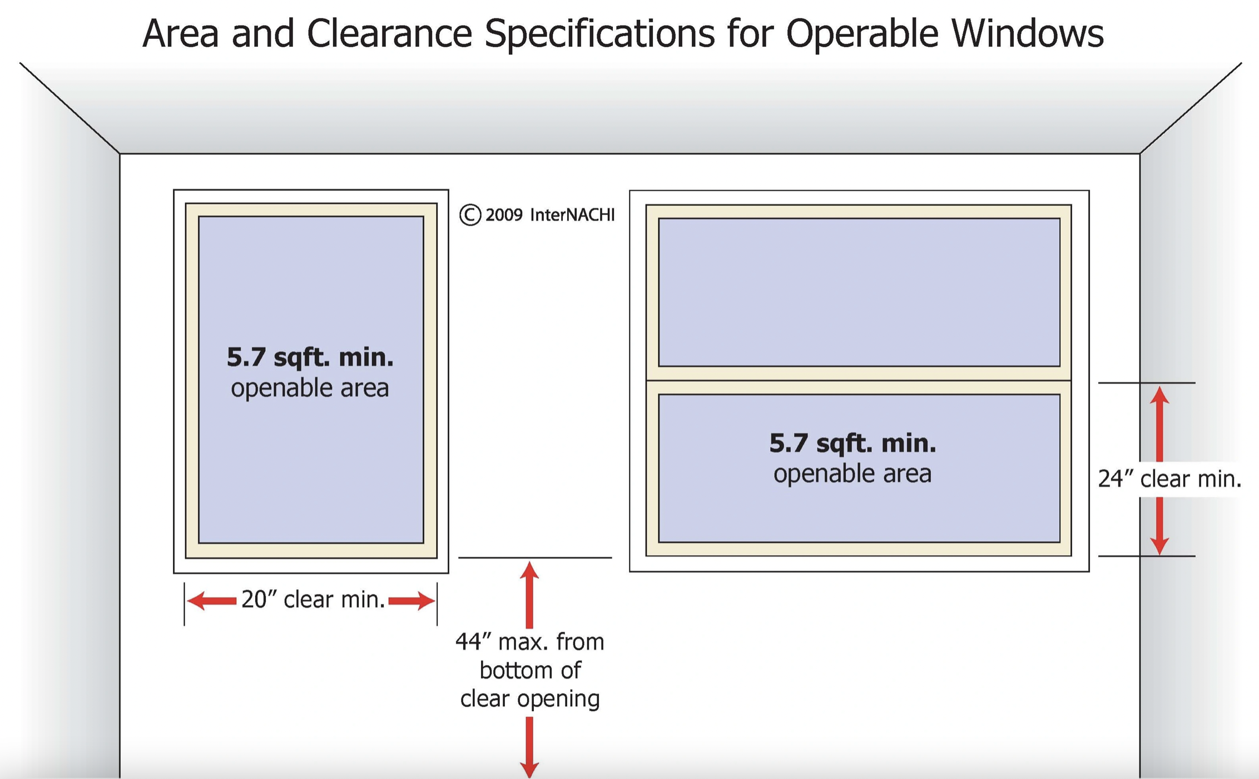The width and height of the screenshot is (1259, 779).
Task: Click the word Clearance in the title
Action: pos(389,33)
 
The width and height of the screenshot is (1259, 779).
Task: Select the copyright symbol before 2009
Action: pos(470,215)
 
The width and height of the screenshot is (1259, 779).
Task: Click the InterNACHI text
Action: pos(572,215)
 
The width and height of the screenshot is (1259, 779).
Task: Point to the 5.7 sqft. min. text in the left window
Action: pos(310,357)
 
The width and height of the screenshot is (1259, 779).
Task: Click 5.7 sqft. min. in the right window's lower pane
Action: pos(852,443)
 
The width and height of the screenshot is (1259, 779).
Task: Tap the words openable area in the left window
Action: pos(310,388)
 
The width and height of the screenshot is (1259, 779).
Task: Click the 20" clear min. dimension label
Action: pos(313,600)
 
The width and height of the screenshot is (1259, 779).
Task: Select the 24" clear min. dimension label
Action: pos(1169,479)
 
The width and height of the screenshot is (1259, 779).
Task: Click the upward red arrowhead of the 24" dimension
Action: pos(1159,396)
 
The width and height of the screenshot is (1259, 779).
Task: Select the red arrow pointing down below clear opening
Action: pos(529,747)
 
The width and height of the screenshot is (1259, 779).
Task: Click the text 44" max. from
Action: pos(530,642)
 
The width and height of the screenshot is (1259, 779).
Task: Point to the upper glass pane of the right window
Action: pos(859,292)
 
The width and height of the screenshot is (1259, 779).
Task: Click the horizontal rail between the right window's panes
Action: pos(859,381)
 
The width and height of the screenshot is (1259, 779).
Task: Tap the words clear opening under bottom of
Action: pos(530,699)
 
